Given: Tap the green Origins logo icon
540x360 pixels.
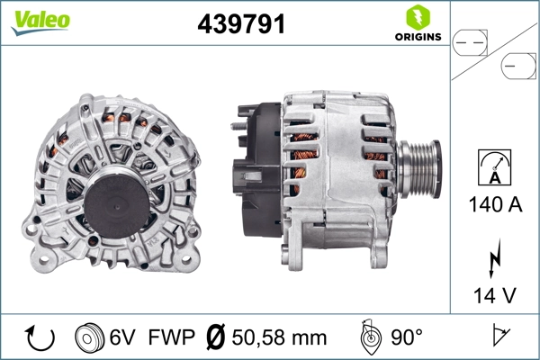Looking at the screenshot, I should point(418,16).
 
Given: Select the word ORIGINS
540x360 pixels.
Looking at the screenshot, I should point(418,37).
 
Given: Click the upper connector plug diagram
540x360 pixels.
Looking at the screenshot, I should point(472,40).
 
